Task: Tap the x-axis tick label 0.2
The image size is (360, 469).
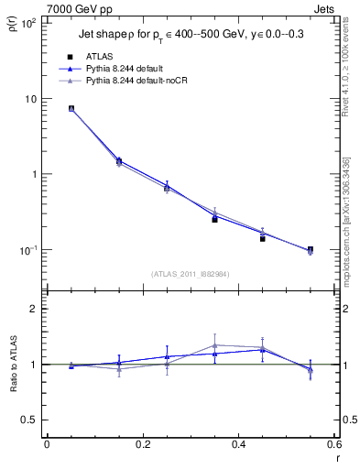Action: [142, 444]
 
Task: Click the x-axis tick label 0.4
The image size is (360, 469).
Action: [238, 444]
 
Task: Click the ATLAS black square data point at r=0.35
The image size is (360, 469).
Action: [214, 219]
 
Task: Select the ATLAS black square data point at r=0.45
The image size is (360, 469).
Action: [262, 238]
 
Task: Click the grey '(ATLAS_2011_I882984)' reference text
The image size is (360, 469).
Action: [191, 273]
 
